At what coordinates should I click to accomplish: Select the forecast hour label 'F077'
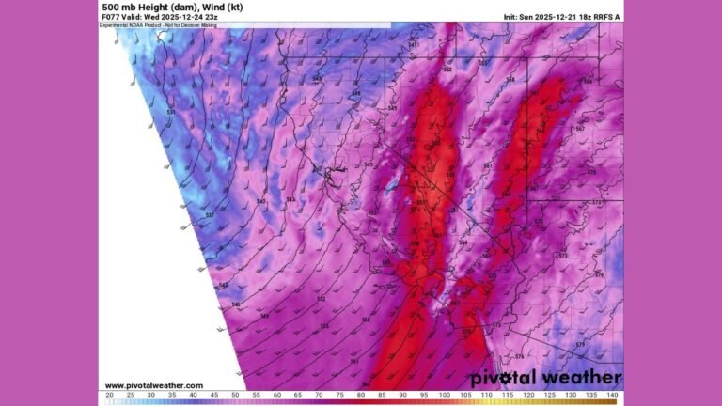(x=110, y=16)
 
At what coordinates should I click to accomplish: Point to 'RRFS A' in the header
(x=609, y=17)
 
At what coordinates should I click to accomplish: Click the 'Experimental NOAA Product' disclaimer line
(x=141, y=24)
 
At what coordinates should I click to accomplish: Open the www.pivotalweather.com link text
(x=153, y=385)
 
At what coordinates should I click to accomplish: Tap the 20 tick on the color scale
(x=110, y=395)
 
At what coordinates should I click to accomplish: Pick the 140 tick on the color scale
(x=612, y=395)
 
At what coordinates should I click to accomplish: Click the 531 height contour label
(x=170, y=113)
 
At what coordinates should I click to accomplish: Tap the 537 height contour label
(x=209, y=215)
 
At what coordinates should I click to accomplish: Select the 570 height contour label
(x=591, y=173)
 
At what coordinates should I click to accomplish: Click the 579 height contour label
(x=580, y=345)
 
